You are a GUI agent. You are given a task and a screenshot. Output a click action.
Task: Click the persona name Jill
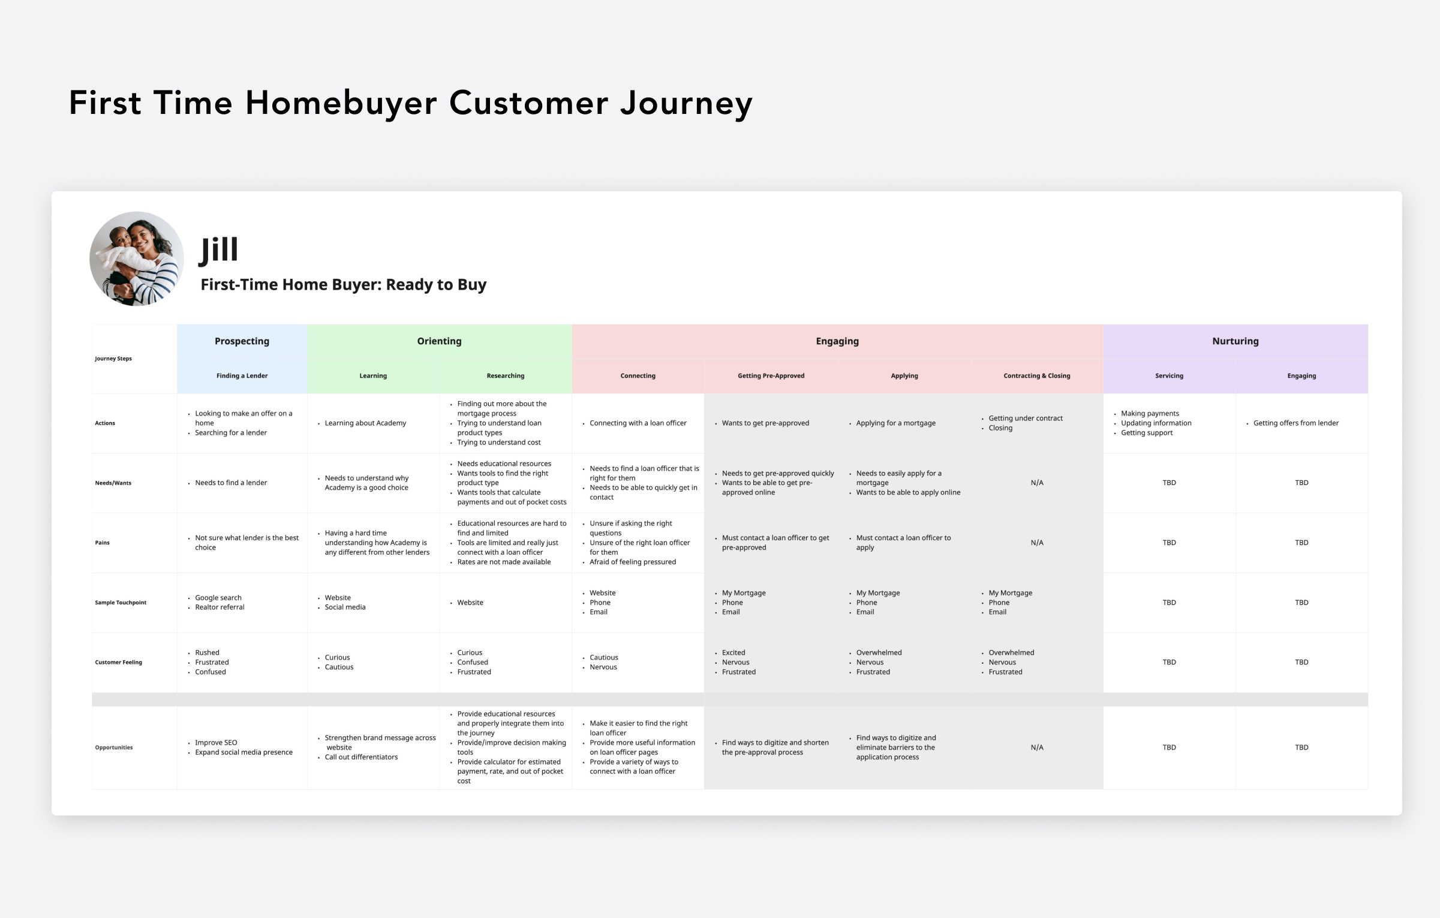219,250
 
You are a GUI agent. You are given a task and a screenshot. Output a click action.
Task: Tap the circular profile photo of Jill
137,258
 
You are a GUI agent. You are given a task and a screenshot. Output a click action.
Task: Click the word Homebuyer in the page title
341,103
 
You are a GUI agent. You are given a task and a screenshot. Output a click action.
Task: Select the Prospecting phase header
242,341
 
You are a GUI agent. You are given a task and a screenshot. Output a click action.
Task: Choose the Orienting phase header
439,341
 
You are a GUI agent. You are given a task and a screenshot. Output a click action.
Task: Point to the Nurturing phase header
1235,341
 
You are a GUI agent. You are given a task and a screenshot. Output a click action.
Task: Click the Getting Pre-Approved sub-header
771,376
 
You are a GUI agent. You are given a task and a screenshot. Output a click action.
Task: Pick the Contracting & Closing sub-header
1036,376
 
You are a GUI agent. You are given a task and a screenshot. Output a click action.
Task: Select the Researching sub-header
505,376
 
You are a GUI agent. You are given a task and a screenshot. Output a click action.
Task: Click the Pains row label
102,543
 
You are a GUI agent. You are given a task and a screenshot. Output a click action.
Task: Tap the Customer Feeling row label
118,663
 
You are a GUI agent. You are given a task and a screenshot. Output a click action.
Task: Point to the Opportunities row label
113,748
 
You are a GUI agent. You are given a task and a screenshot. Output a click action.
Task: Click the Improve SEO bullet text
216,743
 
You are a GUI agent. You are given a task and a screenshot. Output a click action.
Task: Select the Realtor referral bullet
220,607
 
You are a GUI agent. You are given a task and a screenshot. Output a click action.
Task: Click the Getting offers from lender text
1295,423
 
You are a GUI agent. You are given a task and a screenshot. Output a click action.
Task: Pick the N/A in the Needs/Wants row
1036,483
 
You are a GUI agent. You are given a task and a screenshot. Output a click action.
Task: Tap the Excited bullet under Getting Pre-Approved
733,653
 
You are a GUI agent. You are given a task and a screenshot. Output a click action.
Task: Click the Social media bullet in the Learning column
345,607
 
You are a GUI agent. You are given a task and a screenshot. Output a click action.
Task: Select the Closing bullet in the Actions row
1000,428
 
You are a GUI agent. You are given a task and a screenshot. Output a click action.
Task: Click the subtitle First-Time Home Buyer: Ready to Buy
343,285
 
